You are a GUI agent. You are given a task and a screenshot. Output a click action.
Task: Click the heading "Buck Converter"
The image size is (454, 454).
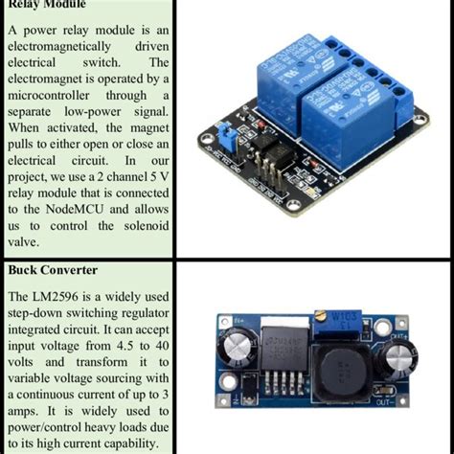[x=56, y=271]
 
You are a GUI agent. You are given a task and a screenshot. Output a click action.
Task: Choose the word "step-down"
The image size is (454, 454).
[x=37, y=306]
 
